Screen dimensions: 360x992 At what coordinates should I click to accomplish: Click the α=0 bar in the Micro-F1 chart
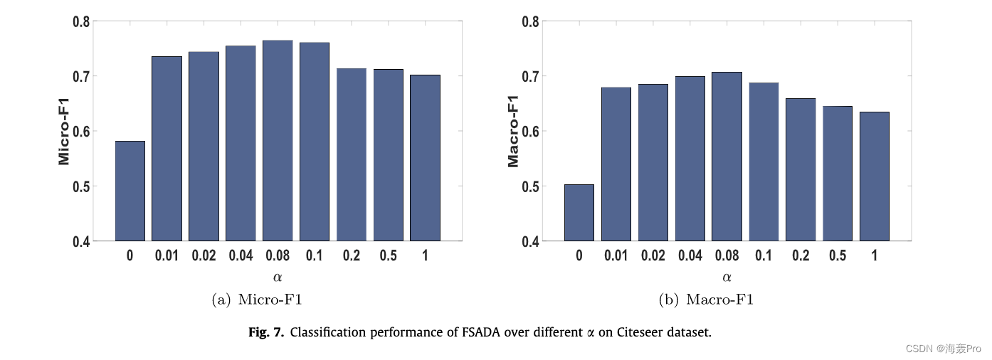coord(130,191)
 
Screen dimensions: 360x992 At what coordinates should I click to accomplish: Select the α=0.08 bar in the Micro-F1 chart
coord(278,141)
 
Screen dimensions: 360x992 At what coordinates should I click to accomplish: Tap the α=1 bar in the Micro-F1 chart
coord(425,158)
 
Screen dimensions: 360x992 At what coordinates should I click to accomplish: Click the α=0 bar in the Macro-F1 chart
coord(579,213)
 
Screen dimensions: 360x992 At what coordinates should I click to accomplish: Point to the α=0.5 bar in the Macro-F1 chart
coord(838,174)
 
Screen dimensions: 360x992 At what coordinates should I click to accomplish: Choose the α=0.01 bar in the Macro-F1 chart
coord(616,164)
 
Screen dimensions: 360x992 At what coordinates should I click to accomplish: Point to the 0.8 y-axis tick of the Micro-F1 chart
coord(81,21)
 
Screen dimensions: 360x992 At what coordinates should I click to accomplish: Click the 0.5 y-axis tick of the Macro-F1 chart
coord(531,186)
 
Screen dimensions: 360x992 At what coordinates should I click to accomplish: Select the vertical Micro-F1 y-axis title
coord(65,131)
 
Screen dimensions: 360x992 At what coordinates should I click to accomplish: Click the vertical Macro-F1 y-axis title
coord(513,131)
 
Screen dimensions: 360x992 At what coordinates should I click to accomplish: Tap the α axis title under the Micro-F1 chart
coord(278,277)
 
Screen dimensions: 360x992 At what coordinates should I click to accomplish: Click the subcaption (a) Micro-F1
coord(257,300)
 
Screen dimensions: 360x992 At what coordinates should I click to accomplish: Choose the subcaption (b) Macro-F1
coord(706,300)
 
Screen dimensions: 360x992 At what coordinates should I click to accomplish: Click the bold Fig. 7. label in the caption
coord(267,332)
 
